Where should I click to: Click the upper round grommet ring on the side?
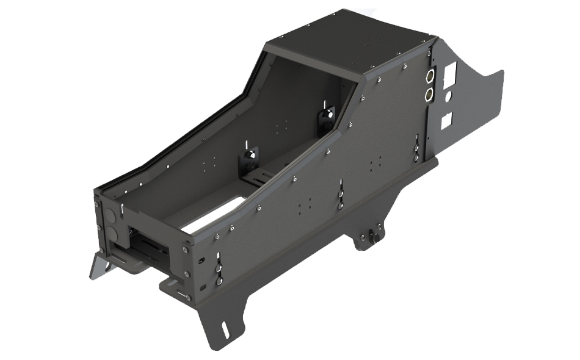point(429,76)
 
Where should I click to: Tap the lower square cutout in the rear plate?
point(448,121)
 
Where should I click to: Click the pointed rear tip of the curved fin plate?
point(502,73)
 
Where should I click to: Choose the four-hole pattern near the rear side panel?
point(376,162)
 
